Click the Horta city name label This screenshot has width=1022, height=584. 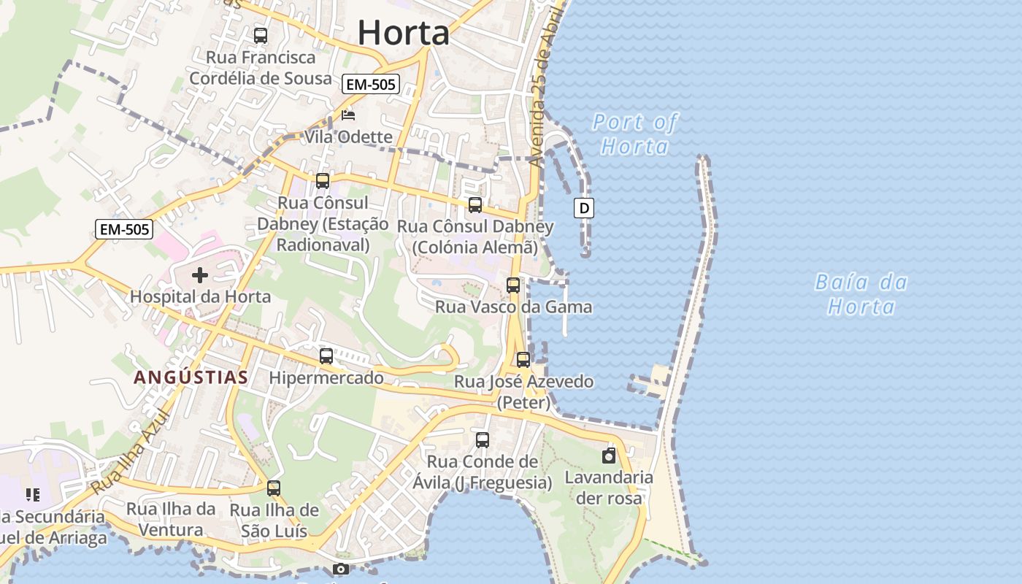403,33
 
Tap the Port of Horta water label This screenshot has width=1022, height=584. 634,134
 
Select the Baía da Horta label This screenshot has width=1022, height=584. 861,293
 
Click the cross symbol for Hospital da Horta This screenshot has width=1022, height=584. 199,275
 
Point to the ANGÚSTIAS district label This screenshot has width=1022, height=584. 191,377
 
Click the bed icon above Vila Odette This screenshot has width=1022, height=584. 348,115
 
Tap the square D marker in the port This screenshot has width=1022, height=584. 584,208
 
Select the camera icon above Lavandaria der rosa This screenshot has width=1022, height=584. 609,456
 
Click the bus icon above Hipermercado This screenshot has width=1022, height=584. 326,356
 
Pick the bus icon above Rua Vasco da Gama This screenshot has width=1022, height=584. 513,285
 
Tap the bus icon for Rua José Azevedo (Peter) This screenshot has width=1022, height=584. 523,359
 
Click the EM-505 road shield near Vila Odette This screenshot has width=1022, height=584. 371,85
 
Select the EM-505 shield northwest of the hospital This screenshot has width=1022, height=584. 124,229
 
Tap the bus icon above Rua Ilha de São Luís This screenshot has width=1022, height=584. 274,488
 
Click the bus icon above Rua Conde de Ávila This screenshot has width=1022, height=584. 483,440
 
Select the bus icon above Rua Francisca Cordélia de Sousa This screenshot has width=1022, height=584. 261,35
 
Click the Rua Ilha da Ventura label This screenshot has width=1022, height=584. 171,519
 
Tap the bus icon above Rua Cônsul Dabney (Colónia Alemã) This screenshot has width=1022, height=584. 475,205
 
